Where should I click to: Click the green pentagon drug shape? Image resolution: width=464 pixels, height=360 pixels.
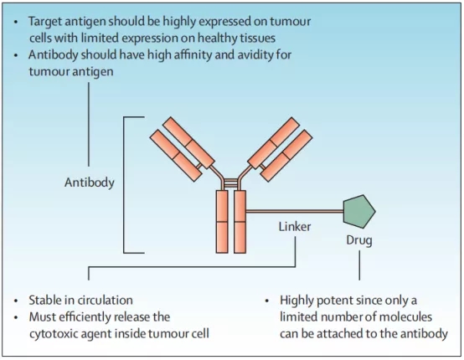(x=359, y=211)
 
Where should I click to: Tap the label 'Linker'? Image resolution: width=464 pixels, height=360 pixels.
(x=295, y=227)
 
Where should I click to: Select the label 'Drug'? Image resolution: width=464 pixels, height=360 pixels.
(x=359, y=240)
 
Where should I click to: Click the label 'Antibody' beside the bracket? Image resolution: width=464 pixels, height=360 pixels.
(x=90, y=183)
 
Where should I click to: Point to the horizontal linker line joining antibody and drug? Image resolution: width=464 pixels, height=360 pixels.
(x=295, y=211)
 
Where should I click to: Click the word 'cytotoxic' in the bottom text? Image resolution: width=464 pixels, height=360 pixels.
(x=53, y=334)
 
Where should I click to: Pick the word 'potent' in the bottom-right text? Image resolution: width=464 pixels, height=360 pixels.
(x=335, y=301)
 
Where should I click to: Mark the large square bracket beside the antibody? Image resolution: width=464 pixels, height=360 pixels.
(x=124, y=185)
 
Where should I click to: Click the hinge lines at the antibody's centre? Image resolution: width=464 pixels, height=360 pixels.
(x=231, y=183)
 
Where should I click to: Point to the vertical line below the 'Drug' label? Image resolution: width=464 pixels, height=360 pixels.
(x=359, y=265)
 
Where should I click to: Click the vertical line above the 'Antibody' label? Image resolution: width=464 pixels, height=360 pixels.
(x=89, y=124)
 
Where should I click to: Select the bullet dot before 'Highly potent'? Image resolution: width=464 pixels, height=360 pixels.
(x=267, y=301)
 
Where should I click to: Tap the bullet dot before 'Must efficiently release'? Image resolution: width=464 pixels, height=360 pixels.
(x=16, y=317)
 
